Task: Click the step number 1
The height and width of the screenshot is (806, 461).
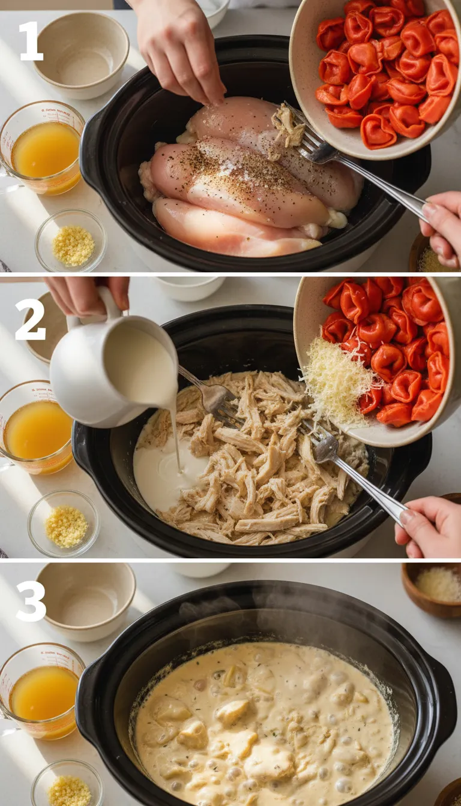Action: tap(31, 41)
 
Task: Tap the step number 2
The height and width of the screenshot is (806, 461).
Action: tap(30, 320)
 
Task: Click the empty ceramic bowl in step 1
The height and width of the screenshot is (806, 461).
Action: tap(81, 55)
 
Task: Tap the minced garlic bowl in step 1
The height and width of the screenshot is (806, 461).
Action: tap(71, 240)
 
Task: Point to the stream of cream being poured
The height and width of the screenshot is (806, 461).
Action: tap(175, 432)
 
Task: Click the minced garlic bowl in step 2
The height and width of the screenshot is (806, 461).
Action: tap(64, 523)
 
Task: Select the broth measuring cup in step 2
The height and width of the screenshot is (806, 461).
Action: tap(37, 428)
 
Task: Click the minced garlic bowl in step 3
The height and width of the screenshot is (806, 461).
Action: tap(67, 786)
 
